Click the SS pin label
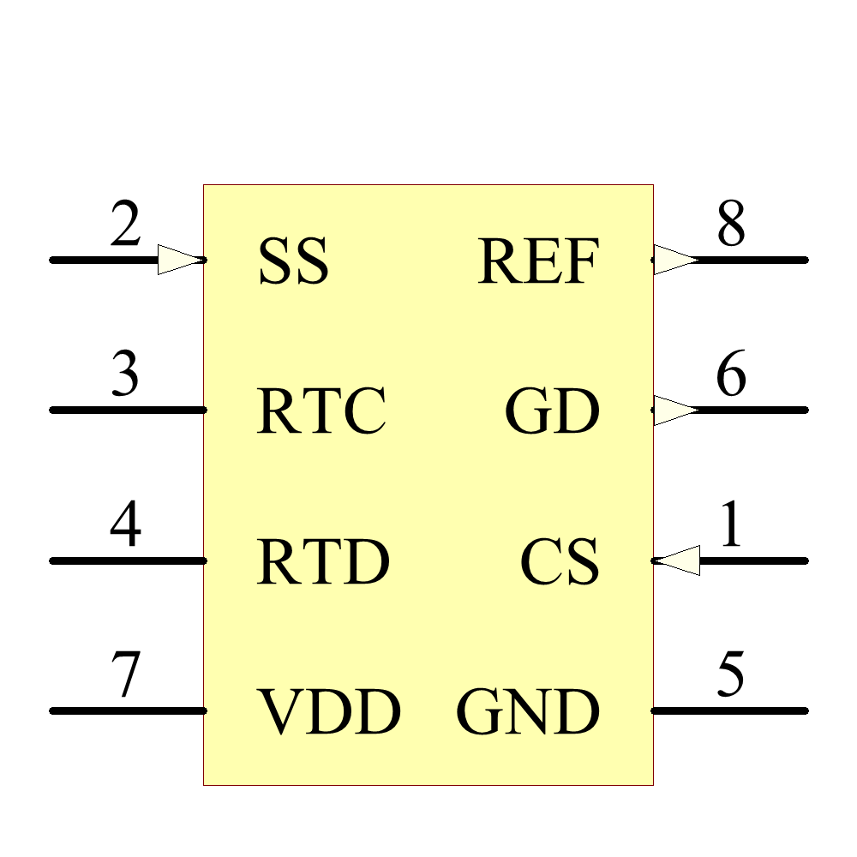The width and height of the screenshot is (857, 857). [x=293, y=261]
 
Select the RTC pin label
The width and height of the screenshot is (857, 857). [x=321, y=411]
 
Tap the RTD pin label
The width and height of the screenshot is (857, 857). [x=323, y=562]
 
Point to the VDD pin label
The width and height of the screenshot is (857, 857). [x=330, y=712]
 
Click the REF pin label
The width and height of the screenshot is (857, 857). [x=538, y=261]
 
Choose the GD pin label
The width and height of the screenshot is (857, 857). [x=552, y=411]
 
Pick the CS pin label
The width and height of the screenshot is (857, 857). [x=559, y=562]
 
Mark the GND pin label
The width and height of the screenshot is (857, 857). [x=527, y=712]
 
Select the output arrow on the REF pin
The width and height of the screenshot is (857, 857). [x=675, y=260]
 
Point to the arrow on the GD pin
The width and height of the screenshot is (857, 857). [x=675, y=410]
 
